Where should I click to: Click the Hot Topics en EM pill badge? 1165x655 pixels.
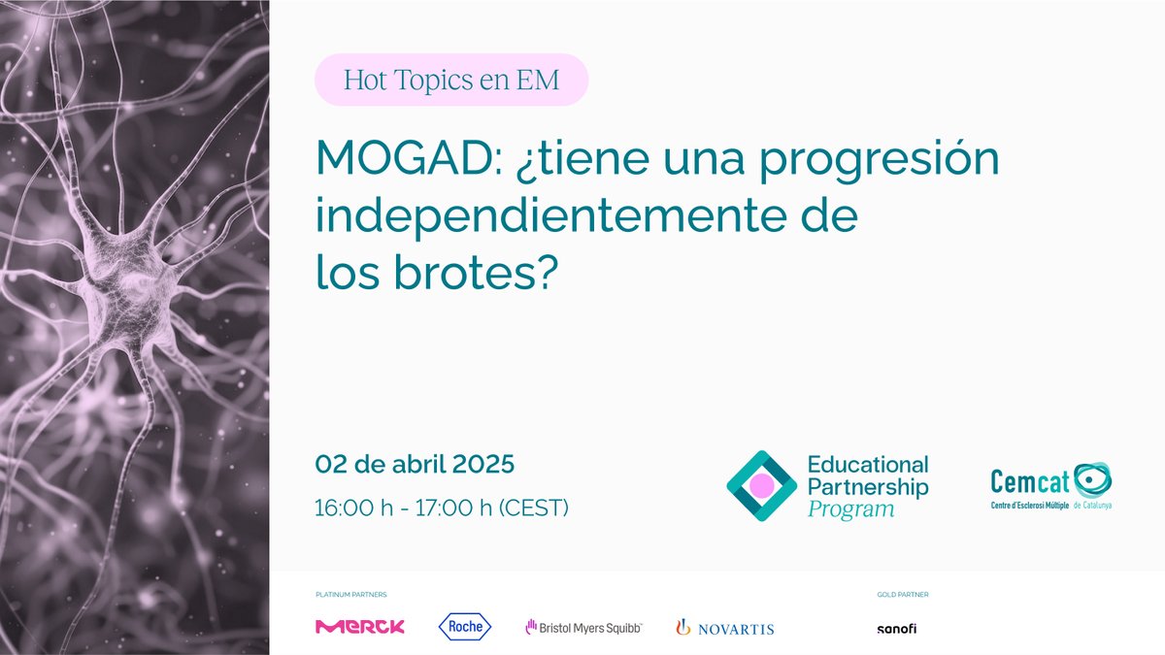click(451, 80)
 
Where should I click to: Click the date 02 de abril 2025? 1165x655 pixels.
click(415, 464)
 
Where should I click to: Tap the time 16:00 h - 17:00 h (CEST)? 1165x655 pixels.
click(442, 508)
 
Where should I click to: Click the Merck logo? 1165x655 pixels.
click(360, 627)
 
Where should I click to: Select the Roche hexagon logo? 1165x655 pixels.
click(465, 627)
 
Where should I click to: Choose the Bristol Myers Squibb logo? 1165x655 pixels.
click(583, 628)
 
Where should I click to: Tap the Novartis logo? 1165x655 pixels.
click(725, 628)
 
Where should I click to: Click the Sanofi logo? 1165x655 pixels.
click(896, 628)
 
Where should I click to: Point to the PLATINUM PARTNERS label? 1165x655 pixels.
click(350, 594)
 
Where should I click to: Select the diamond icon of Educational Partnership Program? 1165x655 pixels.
click(761, 485)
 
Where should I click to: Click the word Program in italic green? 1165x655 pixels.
click(850, 509)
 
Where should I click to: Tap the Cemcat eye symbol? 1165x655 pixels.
click(1092, 479)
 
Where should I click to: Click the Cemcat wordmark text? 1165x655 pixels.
click(1029, 481)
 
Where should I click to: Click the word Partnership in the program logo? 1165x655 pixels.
click(868, 487)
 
